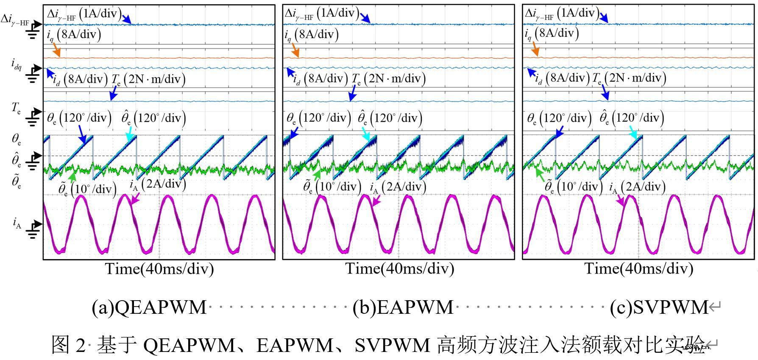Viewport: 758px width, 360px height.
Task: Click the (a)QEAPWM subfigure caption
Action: point(149,307)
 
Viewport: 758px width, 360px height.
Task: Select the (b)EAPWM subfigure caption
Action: point(403,307)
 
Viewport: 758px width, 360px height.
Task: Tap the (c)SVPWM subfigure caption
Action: point(659,307)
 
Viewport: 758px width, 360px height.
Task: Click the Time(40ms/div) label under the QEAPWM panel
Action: point(159,269)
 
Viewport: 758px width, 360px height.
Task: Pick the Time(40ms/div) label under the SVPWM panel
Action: point(639,269)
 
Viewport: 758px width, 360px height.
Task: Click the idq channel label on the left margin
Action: point(17,64)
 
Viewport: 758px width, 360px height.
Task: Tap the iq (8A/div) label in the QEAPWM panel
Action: point(74,34)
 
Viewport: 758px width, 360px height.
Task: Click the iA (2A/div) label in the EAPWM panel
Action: point(398,187)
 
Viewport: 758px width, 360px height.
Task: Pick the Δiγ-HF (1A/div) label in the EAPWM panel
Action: point(322,14)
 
